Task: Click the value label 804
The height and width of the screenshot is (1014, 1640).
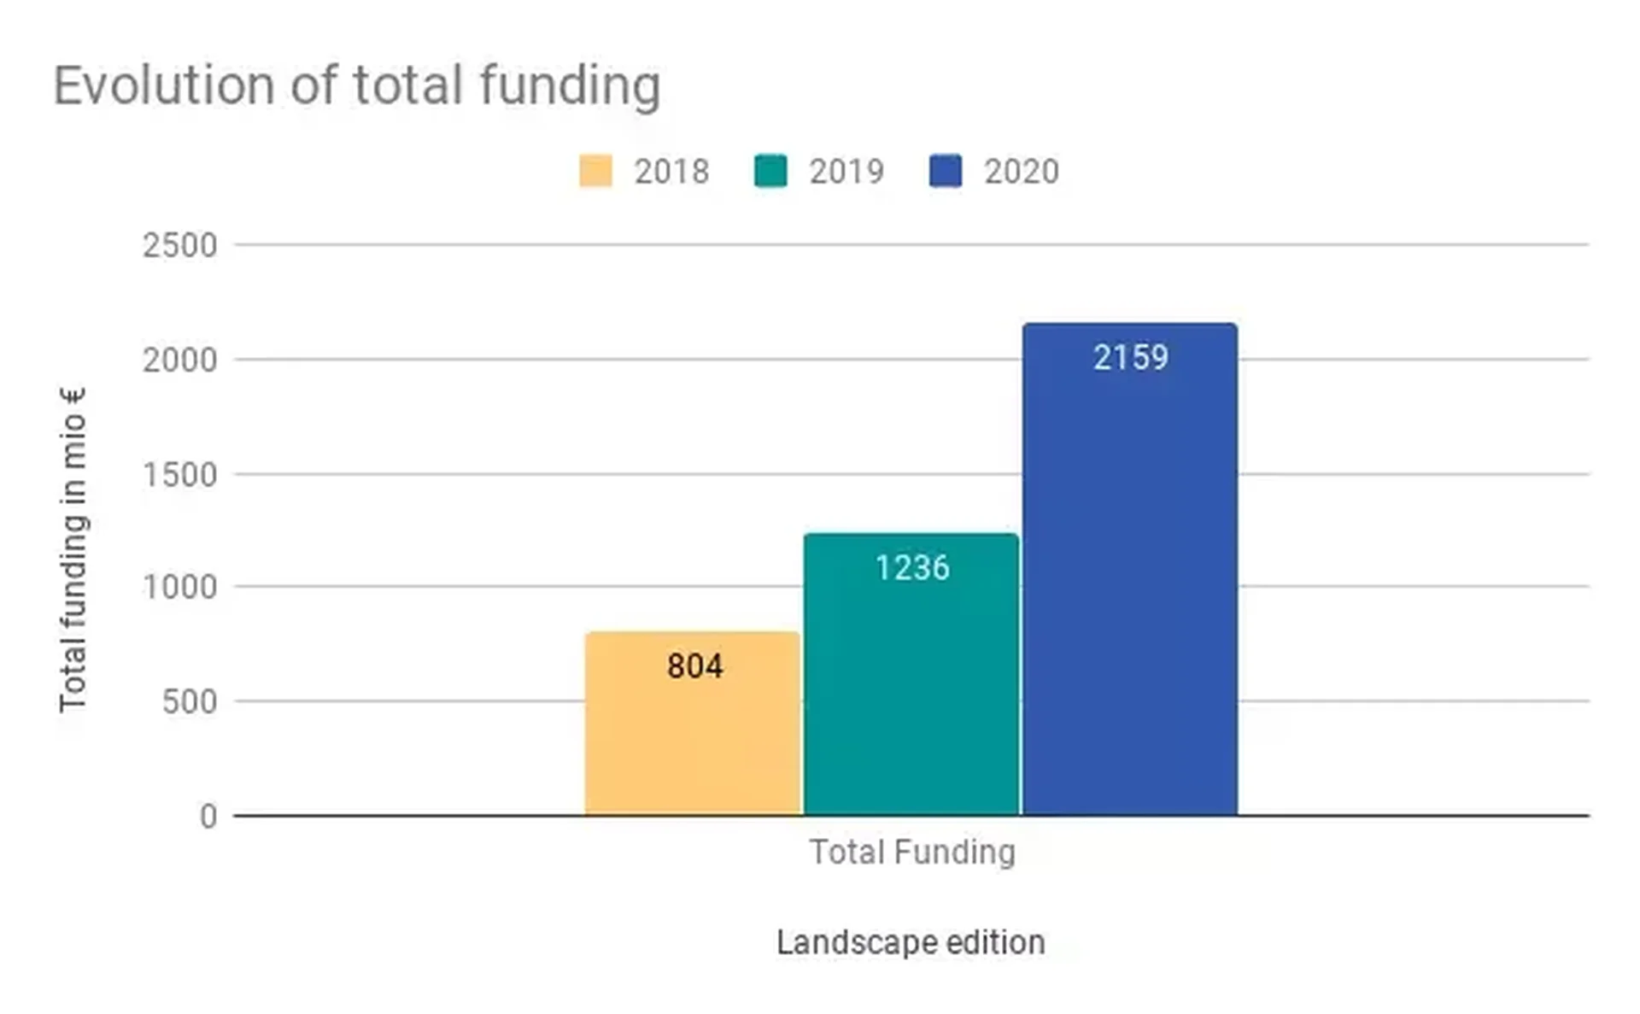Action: pos(694,666)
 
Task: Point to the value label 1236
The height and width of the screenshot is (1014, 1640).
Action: pos(912,568)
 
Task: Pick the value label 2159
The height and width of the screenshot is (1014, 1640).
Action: pos(1130,357)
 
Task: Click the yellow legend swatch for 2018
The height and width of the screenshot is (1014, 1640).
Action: pos(595,171)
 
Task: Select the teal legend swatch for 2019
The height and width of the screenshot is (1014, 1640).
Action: pos(770,171)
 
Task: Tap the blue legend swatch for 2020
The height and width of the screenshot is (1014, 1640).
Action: pos(946,171)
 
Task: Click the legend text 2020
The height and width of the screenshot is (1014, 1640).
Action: pos(1021,172)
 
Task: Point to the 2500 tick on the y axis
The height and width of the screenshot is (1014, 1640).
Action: pos(179,246)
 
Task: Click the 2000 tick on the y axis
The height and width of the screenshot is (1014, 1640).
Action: pos(179,360)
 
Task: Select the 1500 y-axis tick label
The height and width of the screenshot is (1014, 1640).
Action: pos(179,475)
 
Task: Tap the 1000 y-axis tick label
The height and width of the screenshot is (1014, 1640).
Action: pos(179,588)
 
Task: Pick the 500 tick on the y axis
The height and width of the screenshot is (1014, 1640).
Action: pos(189,702)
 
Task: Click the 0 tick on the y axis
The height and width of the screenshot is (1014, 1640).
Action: pos(208,817)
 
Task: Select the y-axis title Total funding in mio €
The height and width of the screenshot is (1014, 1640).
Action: pos(73,549)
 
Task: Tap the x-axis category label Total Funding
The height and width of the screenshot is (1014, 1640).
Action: pos(912,852)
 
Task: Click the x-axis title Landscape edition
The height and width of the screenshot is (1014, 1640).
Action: pos(911,942)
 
